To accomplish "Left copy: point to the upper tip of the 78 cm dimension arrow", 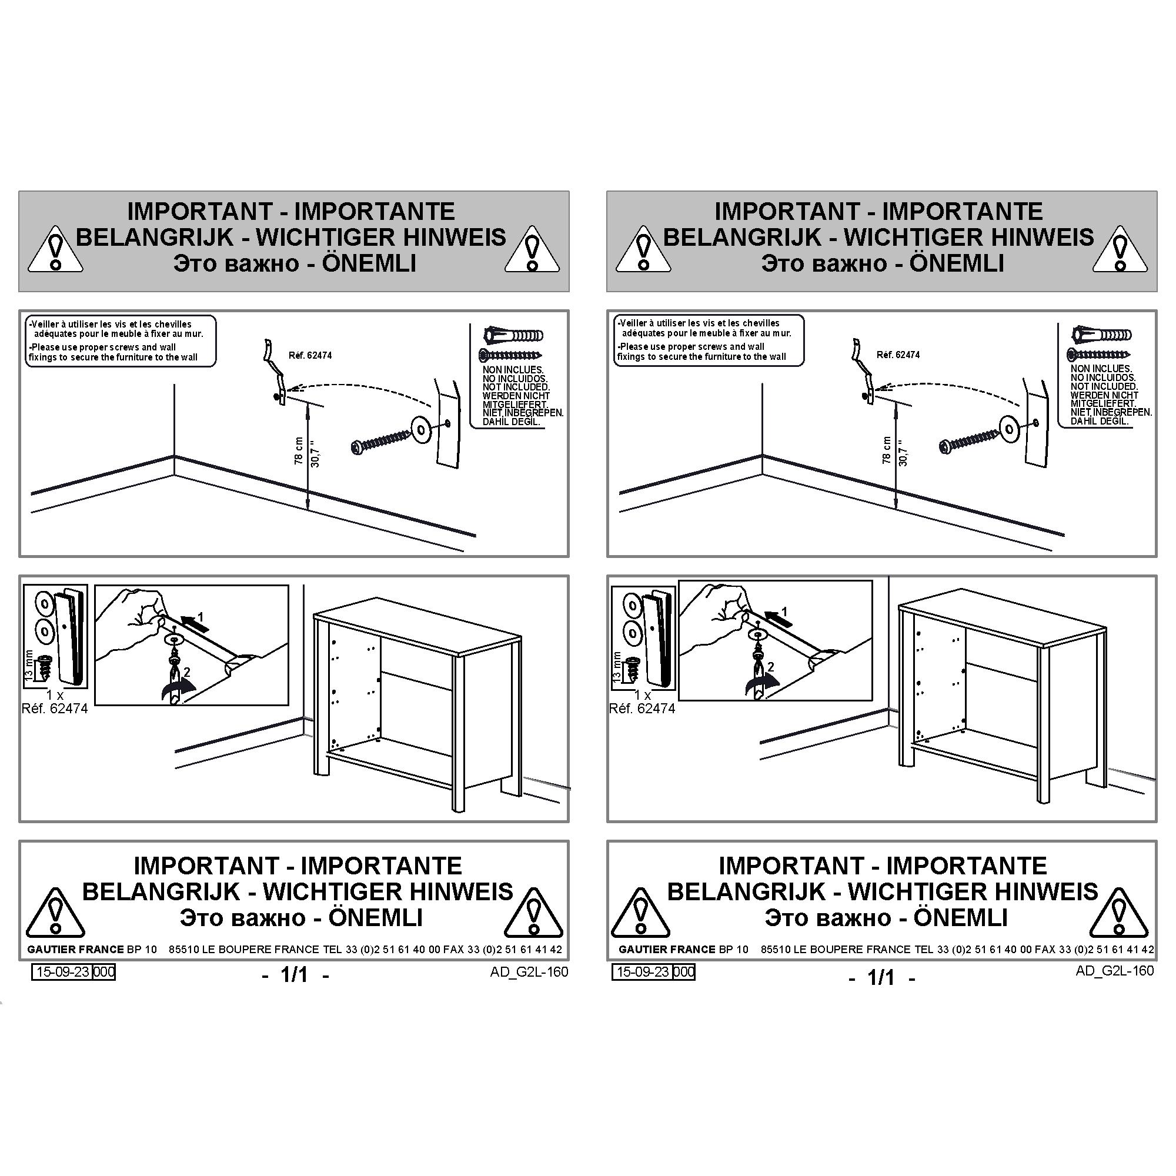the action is click(x=308, y=405).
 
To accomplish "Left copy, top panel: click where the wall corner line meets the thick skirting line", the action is click(x=175, y=456).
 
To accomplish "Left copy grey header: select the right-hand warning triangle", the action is click(x=533, y=248).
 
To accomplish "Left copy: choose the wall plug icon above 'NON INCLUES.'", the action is click(x=513, y=335).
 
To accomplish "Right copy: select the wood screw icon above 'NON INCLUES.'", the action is click(x=1100, y=354).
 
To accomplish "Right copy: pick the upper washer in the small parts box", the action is click(x=633, y=606).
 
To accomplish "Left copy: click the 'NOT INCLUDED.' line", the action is click(x=516, y=386).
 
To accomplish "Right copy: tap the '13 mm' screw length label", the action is click(x=617, y=667).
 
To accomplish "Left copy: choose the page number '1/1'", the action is click(x=295, y=974).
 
